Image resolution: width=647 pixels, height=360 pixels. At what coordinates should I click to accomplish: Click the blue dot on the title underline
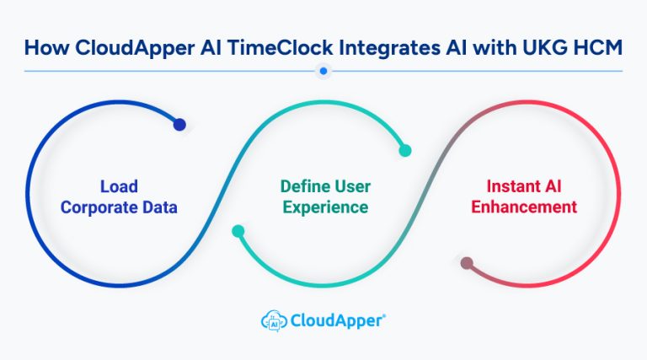click(x=323, y=72)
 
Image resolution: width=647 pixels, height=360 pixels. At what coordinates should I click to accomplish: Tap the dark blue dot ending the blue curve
click(x=179, y=125)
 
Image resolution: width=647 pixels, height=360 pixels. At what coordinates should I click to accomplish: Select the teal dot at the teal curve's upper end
click(x=405, y=151)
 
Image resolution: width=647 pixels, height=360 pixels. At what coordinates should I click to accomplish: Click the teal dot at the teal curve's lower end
click(x=239, y=230)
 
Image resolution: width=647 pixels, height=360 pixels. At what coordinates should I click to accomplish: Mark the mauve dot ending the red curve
click(x=467, y=263)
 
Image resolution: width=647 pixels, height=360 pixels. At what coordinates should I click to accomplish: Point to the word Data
click(x=158, y=207)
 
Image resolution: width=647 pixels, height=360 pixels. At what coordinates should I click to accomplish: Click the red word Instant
click(x=505, y=186)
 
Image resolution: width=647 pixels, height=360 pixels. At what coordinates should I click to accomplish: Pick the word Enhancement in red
click(x=525, y=207)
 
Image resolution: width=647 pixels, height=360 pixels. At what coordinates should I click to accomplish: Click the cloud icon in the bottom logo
click(x=273, y=320)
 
